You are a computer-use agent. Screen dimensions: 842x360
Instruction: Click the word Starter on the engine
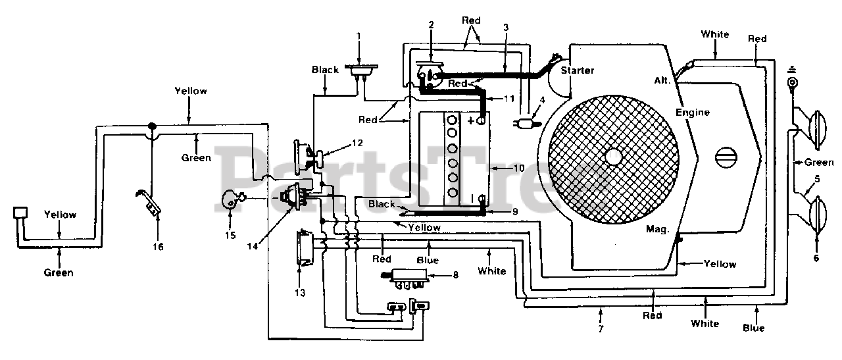click(x=578, y=70)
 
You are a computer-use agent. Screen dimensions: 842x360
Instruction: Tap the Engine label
click(x=693, y=113)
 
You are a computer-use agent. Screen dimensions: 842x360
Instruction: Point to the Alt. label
click(x=662, y=80)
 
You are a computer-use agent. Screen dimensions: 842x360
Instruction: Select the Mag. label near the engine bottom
click(x=657, y=229)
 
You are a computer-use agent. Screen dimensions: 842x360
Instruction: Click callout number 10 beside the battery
click(x=519, y=168)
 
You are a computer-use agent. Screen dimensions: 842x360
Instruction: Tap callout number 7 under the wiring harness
click(x=601, y=329)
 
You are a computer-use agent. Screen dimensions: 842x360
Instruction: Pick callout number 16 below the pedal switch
click(x=158, y=247)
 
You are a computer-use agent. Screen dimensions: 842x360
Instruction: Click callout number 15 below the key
click(x=230, y=236)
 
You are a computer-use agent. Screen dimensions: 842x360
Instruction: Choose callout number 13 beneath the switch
click(x=300, y=293)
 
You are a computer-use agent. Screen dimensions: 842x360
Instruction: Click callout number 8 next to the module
click(x=456, y=275)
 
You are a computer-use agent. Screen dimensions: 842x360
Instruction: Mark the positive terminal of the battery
click(x=480, y=120)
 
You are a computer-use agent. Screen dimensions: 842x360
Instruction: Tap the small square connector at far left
click(x=20, y=213)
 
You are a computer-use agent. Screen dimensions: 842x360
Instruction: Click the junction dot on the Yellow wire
click(x=152, y=126)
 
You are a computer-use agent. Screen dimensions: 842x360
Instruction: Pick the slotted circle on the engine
click(x=726, y=157)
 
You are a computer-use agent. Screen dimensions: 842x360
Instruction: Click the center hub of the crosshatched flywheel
click(x=613, y=156)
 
